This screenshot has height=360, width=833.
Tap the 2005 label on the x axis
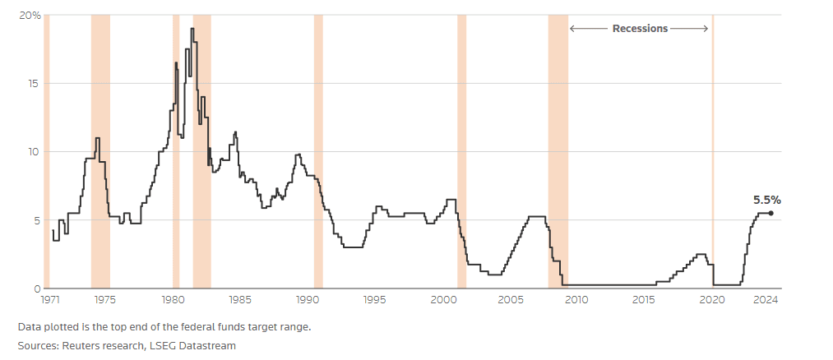coord(510,299)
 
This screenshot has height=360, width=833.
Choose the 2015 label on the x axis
coord(645,299)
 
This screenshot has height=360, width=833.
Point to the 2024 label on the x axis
coord(766,299)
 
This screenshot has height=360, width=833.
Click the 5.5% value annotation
coord(766,199)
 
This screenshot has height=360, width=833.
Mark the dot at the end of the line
coord(771,214)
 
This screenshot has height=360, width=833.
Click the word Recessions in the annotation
coord(640,28)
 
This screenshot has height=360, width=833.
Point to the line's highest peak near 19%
coord(192,30)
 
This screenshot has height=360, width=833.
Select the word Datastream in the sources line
coord(207,345)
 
